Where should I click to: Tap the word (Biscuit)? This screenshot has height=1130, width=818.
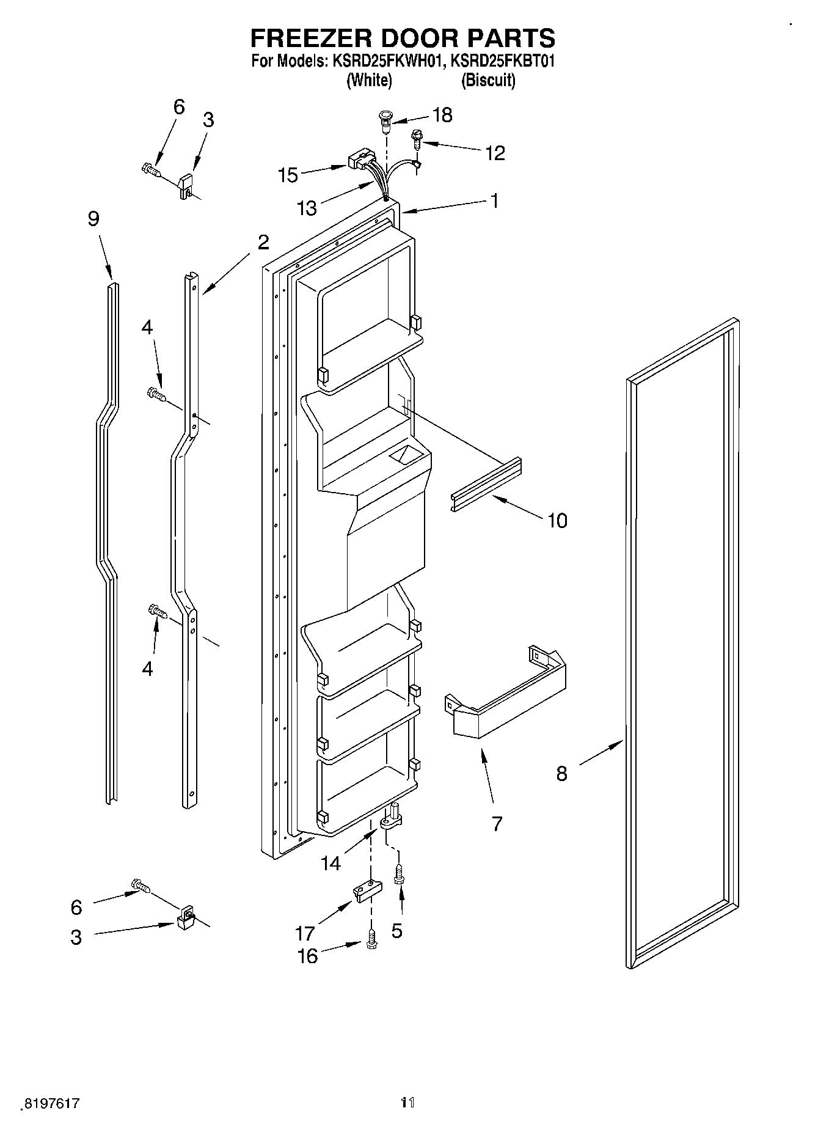pos(488,80)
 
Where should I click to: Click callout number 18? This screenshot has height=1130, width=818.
pos(442,115)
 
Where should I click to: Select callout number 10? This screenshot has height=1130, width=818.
pos(557,521)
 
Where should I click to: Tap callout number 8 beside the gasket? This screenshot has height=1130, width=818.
pos(561,774)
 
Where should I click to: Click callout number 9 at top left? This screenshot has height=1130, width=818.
pos(93,219)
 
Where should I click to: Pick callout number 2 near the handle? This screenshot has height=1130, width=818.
pos(263,243)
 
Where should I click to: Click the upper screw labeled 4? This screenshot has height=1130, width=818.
pos(156,394)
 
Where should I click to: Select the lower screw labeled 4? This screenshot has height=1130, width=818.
pos(157,611)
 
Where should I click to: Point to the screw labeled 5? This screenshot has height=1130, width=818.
pos(398,875)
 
